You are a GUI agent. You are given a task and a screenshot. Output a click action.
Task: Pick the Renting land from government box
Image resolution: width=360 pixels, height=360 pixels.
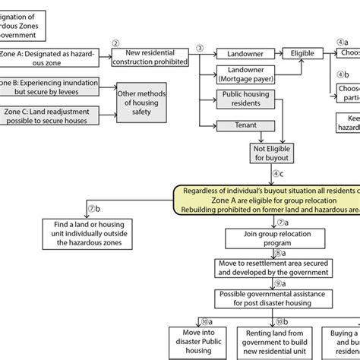pyautogui.click(x=271, y=340)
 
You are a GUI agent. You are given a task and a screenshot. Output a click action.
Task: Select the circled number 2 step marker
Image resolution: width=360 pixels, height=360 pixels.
pyautogui.click(x=115, y=43)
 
